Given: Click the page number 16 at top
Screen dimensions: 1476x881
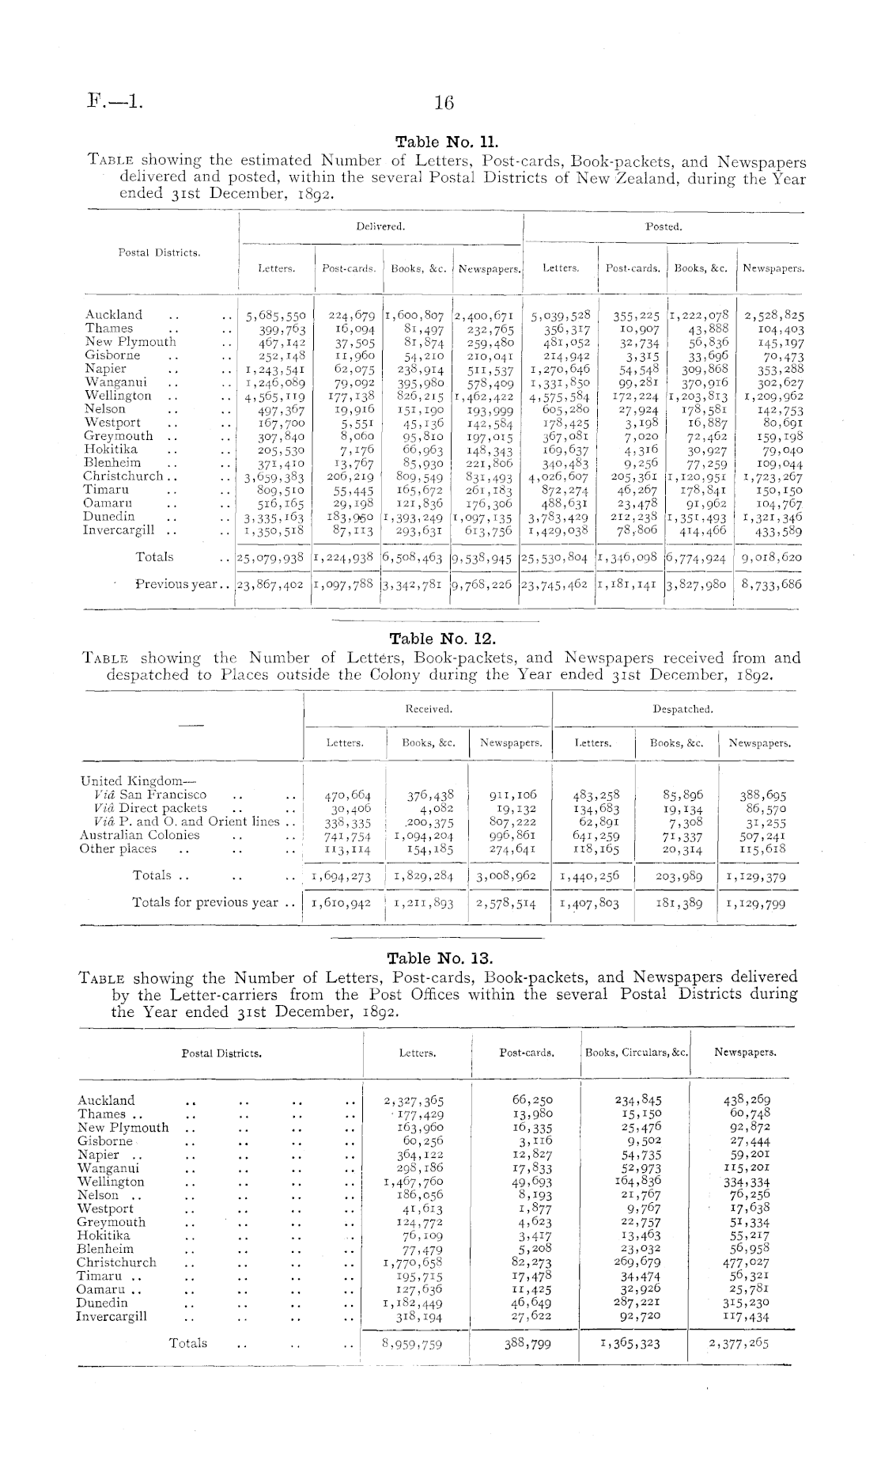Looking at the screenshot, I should [x=442, y=102].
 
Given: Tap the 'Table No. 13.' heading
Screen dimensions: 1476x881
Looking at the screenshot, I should [x=439, y=959].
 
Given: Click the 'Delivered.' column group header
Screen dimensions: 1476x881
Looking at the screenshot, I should [x=380, y=226].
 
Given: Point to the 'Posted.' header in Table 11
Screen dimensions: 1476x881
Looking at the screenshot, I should [x=663, y=226].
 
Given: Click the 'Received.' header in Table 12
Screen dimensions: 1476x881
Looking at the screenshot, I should [x=429, y=709].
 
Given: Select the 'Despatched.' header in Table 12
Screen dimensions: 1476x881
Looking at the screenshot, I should [x=682, y=709].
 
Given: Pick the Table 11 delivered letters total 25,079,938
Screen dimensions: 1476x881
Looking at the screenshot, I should [x=270, y=558].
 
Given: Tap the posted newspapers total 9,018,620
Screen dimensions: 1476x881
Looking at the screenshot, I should [x=769, y=558].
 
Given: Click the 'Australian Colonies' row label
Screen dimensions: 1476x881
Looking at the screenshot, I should [x=140, y=835].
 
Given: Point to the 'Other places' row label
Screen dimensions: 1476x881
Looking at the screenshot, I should [x=118, y=849].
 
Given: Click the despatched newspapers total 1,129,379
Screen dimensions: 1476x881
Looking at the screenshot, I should [x=756, y=876].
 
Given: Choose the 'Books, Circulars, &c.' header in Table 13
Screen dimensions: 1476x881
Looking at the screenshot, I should [x=636, y=1053].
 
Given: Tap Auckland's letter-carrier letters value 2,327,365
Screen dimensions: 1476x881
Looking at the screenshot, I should [x=413, y=1100].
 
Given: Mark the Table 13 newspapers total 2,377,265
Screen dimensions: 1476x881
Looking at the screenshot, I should [x=739, y=1343].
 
